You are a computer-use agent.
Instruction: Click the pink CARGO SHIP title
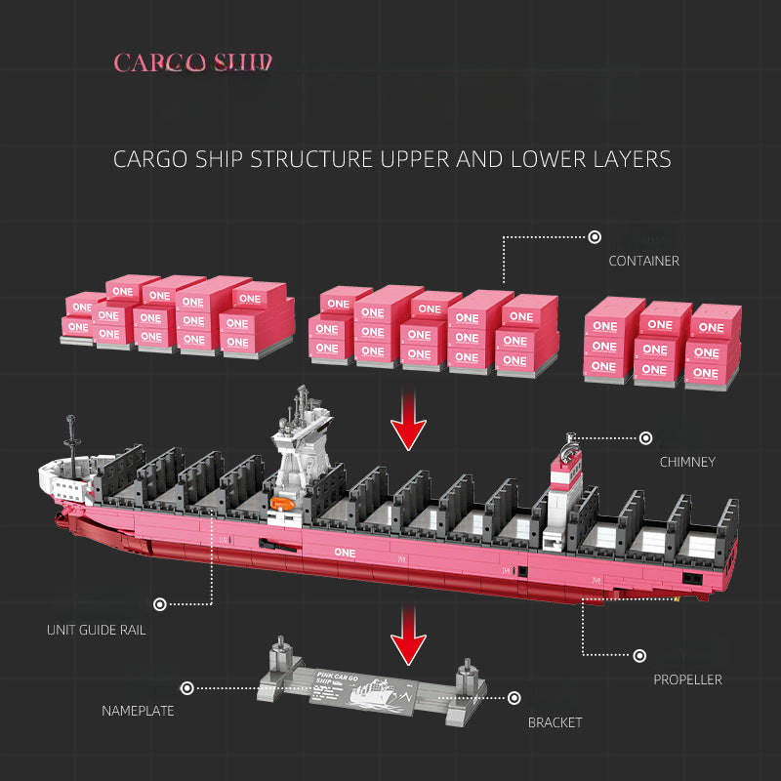(x=192, y=63)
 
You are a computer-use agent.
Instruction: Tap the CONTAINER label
(x=643, y=261)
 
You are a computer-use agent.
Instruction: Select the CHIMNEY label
(x=687, y=462)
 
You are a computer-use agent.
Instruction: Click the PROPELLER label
(x=687, y=679)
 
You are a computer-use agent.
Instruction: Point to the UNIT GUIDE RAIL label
(x=96, y=630)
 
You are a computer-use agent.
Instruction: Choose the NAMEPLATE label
(x=138, y=711)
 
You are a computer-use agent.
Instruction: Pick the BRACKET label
(x=555, y=722)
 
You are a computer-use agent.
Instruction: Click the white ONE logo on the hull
(x=346, y=551)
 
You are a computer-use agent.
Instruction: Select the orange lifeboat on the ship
(x=281, y=504)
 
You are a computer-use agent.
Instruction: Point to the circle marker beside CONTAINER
(x=595, y=237)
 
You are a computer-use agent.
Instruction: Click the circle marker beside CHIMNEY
(x=645, y=439)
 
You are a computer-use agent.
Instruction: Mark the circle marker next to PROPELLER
(x=639, y=656)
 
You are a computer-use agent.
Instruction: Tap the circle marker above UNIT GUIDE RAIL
(x=160, y=605)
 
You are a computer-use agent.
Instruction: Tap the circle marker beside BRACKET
(x=514, y=698)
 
